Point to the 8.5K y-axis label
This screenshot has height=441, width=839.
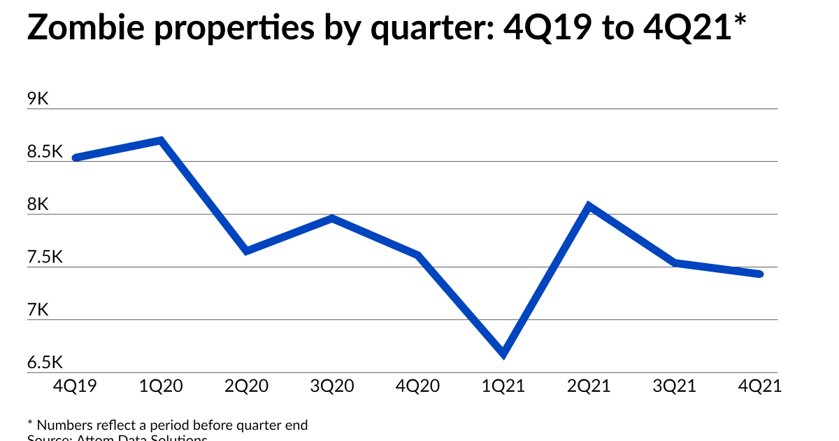45,152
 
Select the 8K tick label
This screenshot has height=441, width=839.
38,205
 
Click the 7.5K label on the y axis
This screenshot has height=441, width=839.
45,258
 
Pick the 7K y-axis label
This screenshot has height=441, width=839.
38,310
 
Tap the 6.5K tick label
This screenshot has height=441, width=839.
45,363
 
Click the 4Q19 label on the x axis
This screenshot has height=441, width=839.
75,386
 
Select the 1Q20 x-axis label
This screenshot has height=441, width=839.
161,386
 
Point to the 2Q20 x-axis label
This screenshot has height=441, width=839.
246,386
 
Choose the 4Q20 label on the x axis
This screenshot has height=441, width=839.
417,386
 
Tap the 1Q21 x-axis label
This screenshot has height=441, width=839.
503,386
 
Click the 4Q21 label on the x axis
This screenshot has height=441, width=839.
759,386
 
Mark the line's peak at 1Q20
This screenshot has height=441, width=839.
162,140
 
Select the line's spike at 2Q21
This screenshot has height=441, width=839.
589,206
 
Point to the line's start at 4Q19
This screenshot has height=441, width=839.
76,158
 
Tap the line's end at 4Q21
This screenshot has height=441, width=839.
760,274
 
